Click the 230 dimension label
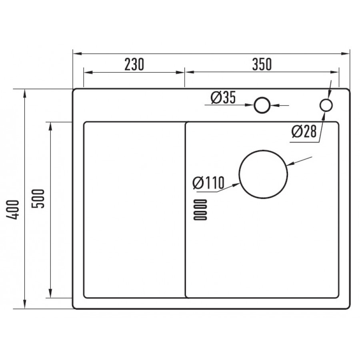(134, 64)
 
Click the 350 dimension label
(262, 64)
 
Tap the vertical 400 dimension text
(13, 210)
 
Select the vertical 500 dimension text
(38, 198)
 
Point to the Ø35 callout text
(223, 97)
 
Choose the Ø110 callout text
(208, 183)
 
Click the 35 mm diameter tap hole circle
(262, 105)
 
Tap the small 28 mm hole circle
(326, 105)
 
